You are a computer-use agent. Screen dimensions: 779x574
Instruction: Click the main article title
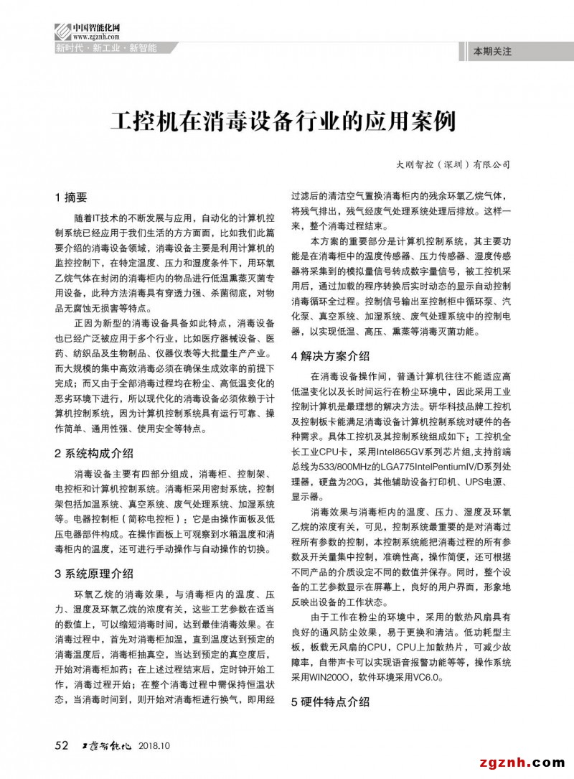(282, 120)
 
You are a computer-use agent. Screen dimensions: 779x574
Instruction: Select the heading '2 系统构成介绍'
(93, 453)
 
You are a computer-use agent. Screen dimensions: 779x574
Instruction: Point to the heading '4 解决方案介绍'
(330, 355)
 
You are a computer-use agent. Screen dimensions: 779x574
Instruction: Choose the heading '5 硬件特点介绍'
(330, 701)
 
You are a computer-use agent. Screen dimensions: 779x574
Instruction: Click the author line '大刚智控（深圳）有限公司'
(453, 164)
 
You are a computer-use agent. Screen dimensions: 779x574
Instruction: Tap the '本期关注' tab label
(492, 52)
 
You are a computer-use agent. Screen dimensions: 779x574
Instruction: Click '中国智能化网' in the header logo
(97, 27)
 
